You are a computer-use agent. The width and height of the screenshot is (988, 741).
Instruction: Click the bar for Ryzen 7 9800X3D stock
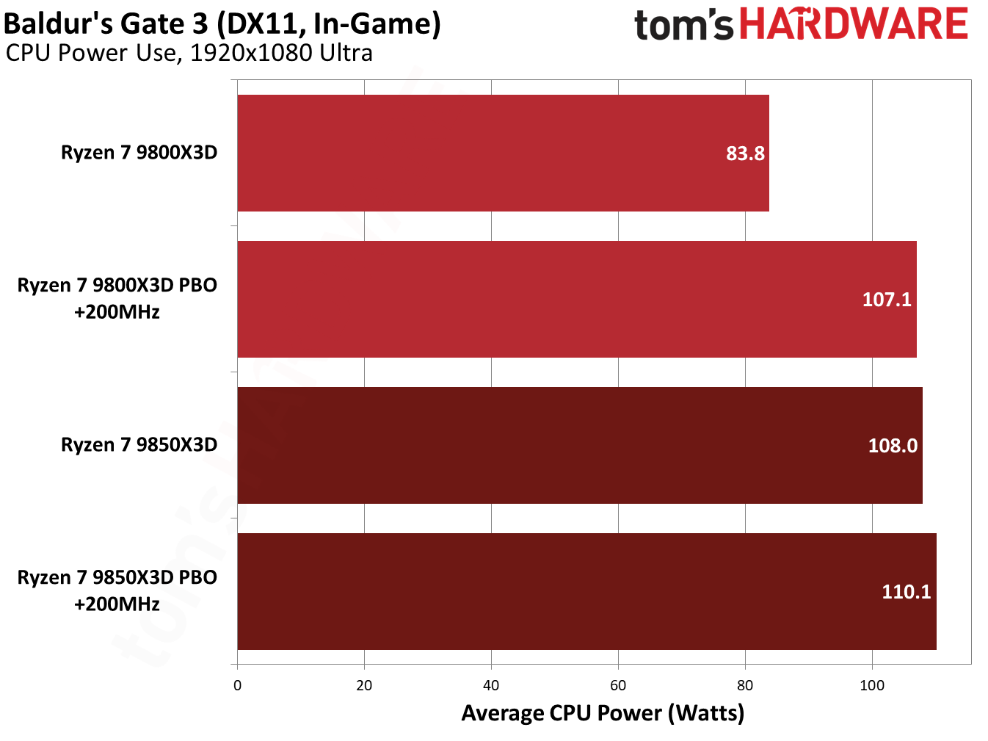click(503, 153)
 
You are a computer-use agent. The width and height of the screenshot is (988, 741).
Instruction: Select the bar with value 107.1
click(577, 299)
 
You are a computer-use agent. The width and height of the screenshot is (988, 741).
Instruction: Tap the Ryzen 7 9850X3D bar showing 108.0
click(580, 445)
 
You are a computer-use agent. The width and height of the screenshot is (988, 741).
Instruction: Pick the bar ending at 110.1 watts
click(586, 591)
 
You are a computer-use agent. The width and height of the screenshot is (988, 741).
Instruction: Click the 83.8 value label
click(745, 153)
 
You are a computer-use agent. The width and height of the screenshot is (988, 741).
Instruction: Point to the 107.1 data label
click(887, 300)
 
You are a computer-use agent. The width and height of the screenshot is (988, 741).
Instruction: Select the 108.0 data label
click(893, 446)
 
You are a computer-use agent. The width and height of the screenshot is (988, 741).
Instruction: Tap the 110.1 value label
click(906, 592)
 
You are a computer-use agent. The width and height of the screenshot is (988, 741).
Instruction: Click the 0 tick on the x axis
click(237, 685)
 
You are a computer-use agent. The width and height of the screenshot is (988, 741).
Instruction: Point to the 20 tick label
click(364, 685)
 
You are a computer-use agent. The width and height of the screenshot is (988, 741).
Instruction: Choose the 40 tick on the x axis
click(491, 685)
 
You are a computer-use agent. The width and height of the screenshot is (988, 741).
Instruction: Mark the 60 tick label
click(618, 685)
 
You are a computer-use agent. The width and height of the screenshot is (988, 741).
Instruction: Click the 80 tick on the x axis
click(745, 685)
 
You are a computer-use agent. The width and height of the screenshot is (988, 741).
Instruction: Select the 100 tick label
click(872, 685)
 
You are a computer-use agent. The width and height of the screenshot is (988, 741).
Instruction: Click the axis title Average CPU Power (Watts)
click(603, 713)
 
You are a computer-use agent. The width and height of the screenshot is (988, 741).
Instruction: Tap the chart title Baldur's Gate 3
click(222, 24)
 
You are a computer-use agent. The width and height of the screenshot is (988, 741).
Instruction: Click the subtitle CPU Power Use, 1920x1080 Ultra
click(189, 54)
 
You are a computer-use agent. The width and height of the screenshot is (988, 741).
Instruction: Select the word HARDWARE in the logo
click(854, 24)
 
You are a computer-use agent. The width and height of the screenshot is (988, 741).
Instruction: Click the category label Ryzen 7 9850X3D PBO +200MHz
click(117, 590)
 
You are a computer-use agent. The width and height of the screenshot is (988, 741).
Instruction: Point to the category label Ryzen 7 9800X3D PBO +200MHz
click(117, 298)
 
